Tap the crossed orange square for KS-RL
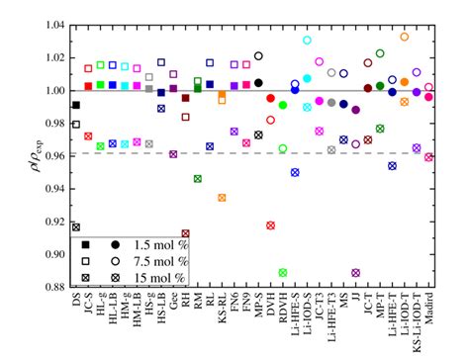(222, 198)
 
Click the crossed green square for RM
(198, 178)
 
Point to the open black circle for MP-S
(258, 56)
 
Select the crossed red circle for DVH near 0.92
(271, 225)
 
